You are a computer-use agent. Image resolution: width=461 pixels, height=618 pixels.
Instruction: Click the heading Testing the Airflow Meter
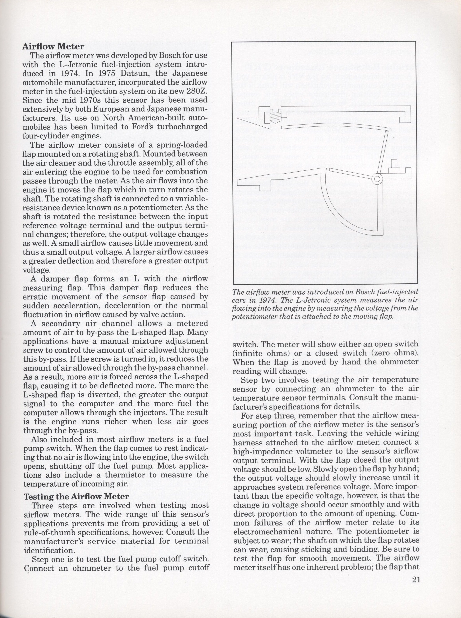(77, 496)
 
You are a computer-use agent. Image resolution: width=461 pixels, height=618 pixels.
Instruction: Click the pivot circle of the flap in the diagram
(377, 179)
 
